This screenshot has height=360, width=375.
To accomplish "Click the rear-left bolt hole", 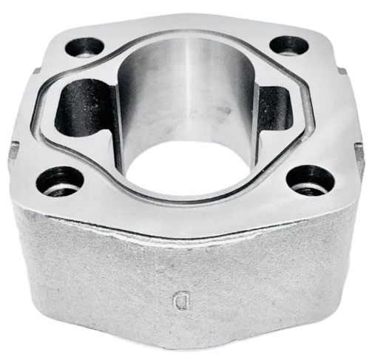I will tap(84, 47).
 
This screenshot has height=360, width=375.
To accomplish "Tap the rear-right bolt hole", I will tap(288, 45).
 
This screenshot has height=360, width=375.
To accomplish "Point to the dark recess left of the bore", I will tap(83, 107).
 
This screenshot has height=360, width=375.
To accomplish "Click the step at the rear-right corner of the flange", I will tap(342, 71).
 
